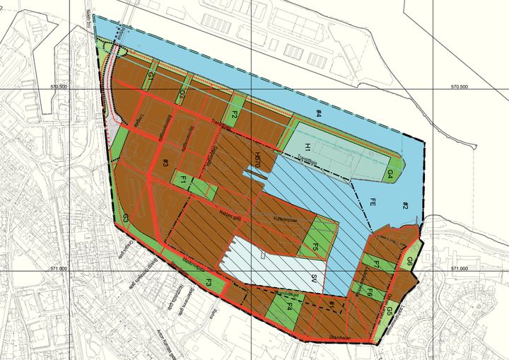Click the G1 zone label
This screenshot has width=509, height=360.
[151, 76]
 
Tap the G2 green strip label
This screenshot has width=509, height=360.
[182, 94]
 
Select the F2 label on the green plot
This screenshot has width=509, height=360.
[234, 113]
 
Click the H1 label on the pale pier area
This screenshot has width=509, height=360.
[309, 146]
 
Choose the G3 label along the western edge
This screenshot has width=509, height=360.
[125, 219]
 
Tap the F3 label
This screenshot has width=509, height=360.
[209, 283]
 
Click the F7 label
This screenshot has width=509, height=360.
[378, 265]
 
